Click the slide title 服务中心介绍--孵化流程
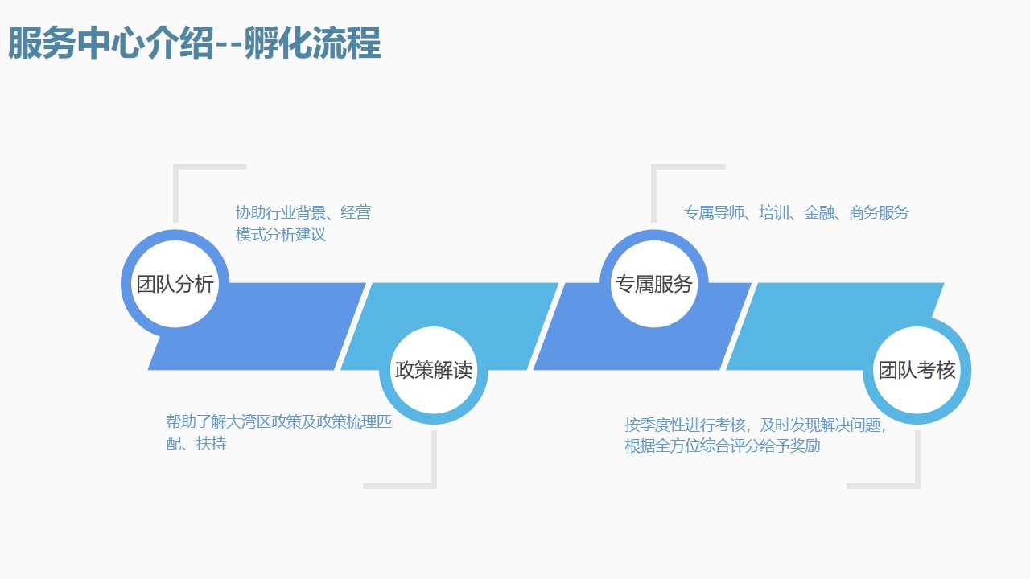tap(194, 44)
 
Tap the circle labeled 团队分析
tap(175, 284)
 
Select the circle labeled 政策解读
tap(434, 371)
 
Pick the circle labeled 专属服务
tap(653, 284)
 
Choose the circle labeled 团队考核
tap(917, 371)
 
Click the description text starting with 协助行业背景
tap(303, 224)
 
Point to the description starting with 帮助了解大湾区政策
tap(278, 432)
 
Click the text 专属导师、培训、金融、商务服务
tap(796, 212)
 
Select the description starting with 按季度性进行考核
tap(756, 434)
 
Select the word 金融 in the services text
tap(819, 212)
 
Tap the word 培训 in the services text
tap(774, 212)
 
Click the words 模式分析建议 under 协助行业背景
tap(281, 235)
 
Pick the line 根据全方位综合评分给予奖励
tap(722, 446)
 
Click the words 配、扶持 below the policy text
tap(196, 443)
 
